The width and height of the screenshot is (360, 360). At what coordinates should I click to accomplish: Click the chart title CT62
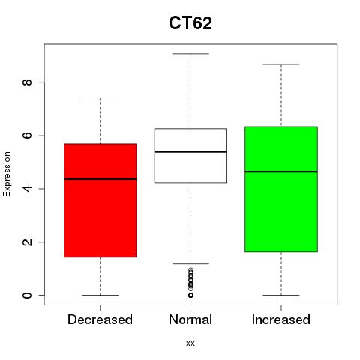(190, 23)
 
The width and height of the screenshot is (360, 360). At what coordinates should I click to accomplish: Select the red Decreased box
(100, 200)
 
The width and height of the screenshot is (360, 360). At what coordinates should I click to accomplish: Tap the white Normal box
(190, 156)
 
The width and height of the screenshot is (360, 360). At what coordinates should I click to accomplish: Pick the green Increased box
(281, 189)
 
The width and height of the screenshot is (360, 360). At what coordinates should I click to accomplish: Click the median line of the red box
(100, 179)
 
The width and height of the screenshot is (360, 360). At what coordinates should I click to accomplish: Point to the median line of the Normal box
(190, 152)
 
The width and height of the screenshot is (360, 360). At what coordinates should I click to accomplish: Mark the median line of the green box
(281, 172)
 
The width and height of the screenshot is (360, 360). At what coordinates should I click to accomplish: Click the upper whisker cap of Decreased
(100, 97)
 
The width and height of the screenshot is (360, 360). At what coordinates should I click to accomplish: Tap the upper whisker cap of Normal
(190, 54)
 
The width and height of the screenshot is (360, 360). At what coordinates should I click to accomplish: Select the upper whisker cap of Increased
(281, 64)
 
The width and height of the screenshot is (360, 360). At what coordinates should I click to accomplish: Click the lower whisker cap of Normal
(190, 263)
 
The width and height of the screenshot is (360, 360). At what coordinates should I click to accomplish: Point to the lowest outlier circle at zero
(190, 295)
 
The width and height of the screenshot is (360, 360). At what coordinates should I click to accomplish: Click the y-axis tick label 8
(27, 82)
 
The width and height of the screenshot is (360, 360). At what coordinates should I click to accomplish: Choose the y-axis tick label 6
(27, 136)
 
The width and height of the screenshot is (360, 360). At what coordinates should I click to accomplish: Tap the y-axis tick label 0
(27, 295)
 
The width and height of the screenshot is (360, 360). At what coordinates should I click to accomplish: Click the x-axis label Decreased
(100, 319)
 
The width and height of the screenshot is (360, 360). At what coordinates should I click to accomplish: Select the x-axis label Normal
(190, 319)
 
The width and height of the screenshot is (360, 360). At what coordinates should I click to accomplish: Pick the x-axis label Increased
(281, 319)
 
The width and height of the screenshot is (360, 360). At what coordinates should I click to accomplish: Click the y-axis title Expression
(7, 174)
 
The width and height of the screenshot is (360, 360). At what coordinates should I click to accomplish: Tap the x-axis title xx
(190, 343)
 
